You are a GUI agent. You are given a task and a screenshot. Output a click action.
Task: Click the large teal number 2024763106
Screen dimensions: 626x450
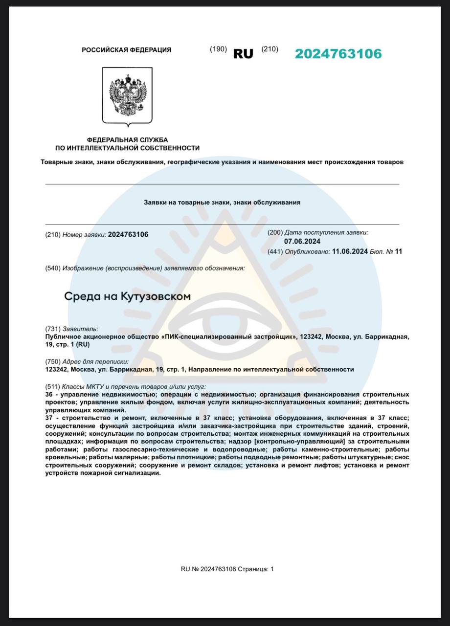tap(338, 54)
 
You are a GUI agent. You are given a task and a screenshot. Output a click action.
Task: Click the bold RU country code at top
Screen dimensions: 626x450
tap(243, 54)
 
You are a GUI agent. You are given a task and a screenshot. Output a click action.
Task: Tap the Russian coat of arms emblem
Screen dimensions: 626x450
tap(127, 96)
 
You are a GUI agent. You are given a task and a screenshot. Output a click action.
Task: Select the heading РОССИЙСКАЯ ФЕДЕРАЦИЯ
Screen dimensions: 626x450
tap(126, 50)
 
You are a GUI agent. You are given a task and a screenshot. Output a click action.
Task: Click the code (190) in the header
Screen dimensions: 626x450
tap(218, 49)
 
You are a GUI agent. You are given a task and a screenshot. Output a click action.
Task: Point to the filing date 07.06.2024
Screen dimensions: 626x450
tap(302, 241)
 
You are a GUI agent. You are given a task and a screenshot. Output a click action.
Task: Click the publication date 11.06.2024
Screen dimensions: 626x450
tap(350, 251)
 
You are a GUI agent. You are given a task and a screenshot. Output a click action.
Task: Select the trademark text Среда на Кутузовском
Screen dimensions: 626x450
tap(127, 296)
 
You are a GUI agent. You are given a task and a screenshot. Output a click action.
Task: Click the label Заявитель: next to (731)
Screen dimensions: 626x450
tap(80, 329)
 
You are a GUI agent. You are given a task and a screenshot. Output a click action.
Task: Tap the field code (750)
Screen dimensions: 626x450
tap(53, 362)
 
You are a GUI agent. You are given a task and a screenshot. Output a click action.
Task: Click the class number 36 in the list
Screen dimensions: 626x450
tap(48, 394)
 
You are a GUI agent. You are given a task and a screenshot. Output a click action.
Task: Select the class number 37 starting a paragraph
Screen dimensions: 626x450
tap(48, 418)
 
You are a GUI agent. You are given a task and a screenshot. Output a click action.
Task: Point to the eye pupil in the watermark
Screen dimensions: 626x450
tap(223, 320)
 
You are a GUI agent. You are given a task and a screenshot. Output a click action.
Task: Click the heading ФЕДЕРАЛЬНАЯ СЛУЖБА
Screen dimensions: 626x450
tap(127, 140)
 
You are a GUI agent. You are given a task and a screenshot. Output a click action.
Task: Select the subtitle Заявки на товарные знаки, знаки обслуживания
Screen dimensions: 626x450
tap(222, 202)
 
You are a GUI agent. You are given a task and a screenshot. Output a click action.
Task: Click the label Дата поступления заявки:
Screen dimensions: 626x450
tap(326, 233)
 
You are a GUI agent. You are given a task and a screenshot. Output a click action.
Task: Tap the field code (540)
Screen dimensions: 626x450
tap(53, 268)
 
